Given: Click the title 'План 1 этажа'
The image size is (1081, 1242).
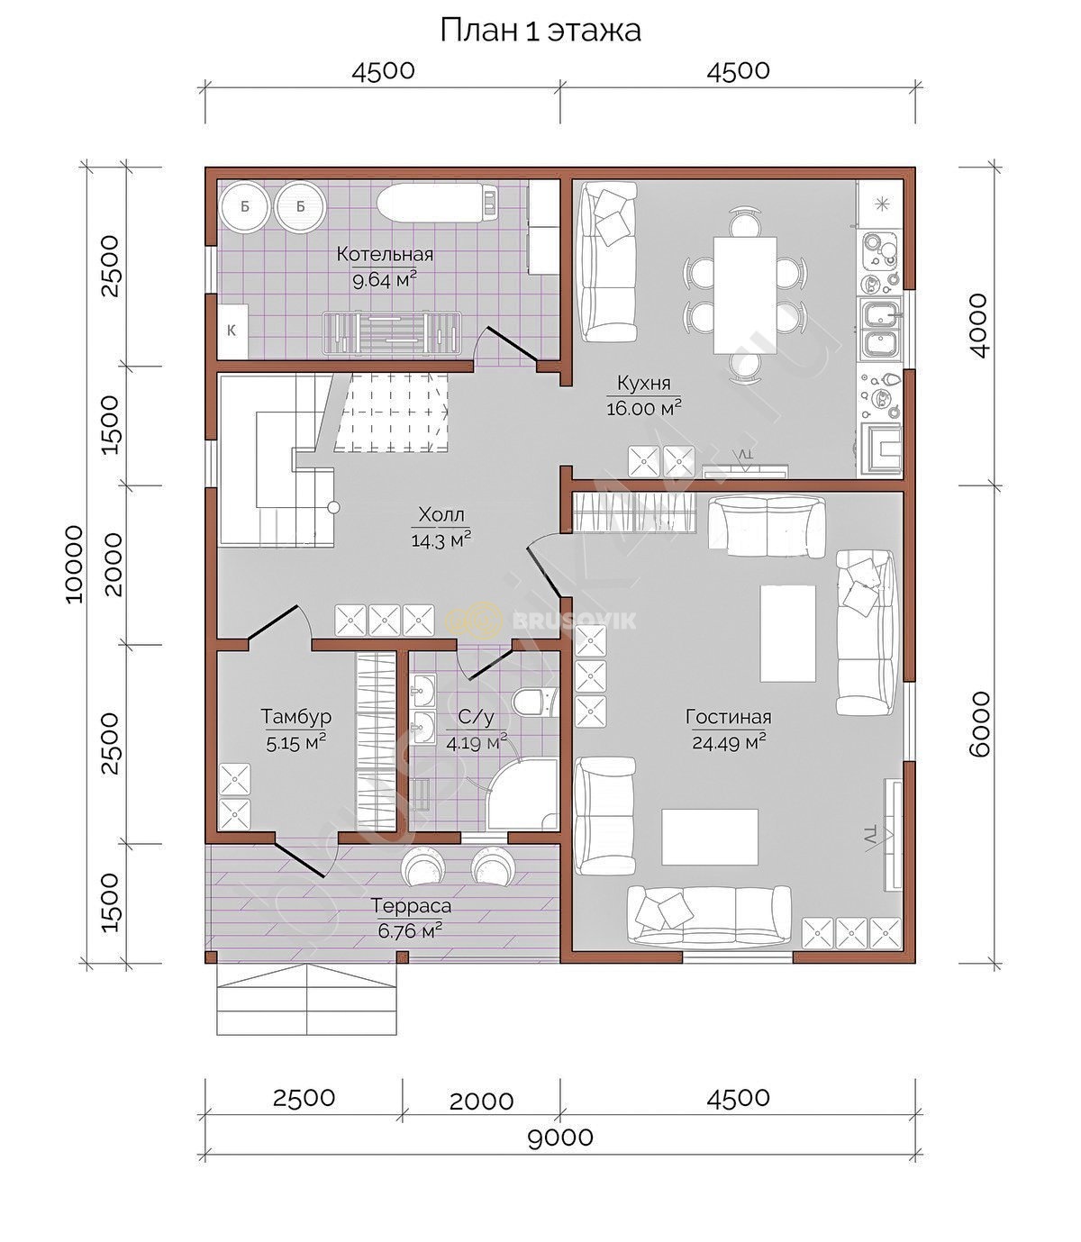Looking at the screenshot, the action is coord(540,31).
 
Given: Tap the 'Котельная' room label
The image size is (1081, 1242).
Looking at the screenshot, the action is coord(385,254).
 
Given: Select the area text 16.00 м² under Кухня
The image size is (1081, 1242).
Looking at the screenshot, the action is coord(644,407).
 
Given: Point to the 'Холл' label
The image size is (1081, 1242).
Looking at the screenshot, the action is coord(441,515).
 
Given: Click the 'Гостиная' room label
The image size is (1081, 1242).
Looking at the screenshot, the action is coord(729,717).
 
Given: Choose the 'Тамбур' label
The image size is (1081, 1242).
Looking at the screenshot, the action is coord(296,716).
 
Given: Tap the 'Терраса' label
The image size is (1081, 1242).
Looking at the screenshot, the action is coord(411,906).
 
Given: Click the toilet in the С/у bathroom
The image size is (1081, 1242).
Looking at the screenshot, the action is coord(535,703).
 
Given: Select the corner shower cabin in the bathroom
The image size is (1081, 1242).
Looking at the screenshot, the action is coord(523,794).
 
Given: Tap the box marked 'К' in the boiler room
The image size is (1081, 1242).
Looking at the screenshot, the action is coord(233,331).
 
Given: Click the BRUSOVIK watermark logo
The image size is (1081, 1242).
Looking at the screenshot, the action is coord(540,621).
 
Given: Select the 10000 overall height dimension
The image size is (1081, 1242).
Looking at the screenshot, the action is coord(74,564).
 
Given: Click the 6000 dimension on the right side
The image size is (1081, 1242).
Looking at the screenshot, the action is coord(979,724).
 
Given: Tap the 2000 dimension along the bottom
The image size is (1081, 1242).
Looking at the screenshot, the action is coord(481,1100).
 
